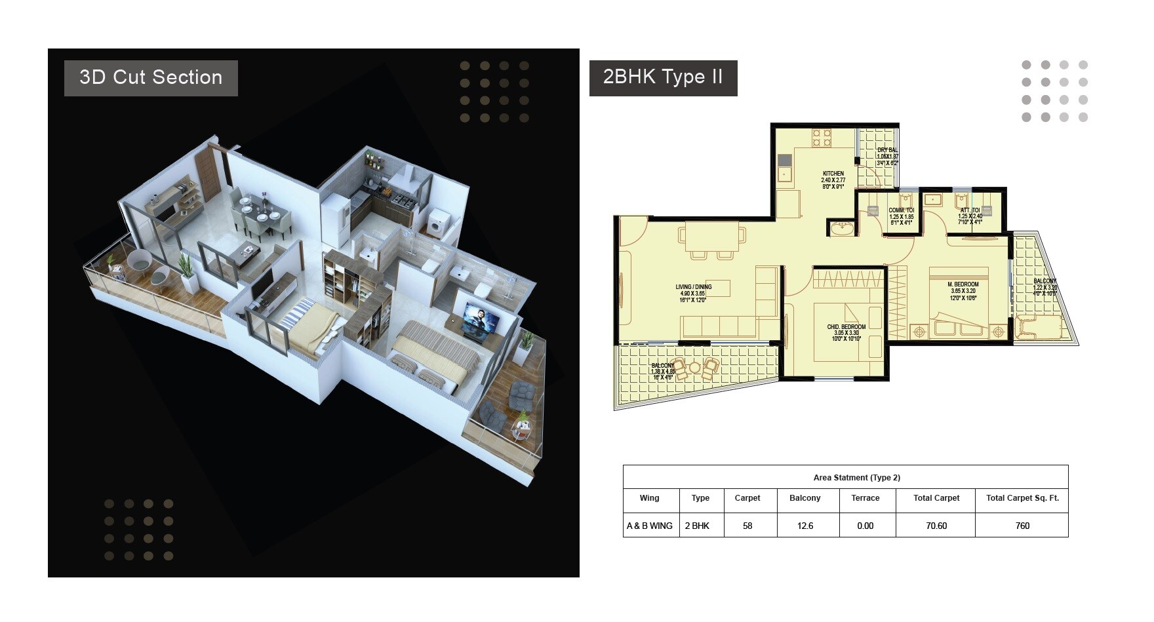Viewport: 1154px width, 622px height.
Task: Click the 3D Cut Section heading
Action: (x=151, y=77)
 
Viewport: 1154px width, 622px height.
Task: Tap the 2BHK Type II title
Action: (x=663, y=77)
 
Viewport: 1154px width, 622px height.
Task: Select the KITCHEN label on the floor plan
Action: (x=833, y=174)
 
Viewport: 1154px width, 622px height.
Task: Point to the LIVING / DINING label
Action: (x=694, y=287)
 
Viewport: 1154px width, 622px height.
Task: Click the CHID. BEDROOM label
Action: (x=846, y=327)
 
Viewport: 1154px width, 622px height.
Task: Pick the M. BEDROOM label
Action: (x=963, y=284)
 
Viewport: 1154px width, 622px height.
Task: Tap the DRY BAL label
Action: (x=888, y=150)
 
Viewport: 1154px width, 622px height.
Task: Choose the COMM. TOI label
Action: (x=902, y=210)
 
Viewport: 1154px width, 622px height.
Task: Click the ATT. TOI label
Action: (x=970, y=210)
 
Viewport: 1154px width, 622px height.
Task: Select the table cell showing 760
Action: (x=1022, y=526)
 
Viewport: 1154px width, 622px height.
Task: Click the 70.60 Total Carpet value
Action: (x=936, y=526)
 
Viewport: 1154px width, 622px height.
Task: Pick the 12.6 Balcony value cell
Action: (x=805, y=526)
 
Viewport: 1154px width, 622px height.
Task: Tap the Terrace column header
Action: (x=865, y=498)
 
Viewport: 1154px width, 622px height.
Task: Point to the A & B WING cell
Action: (x=650, y=526)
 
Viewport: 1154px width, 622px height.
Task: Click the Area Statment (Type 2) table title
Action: (x=845, y=478)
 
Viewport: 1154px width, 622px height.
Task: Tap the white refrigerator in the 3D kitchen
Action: (x=336, y=212)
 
